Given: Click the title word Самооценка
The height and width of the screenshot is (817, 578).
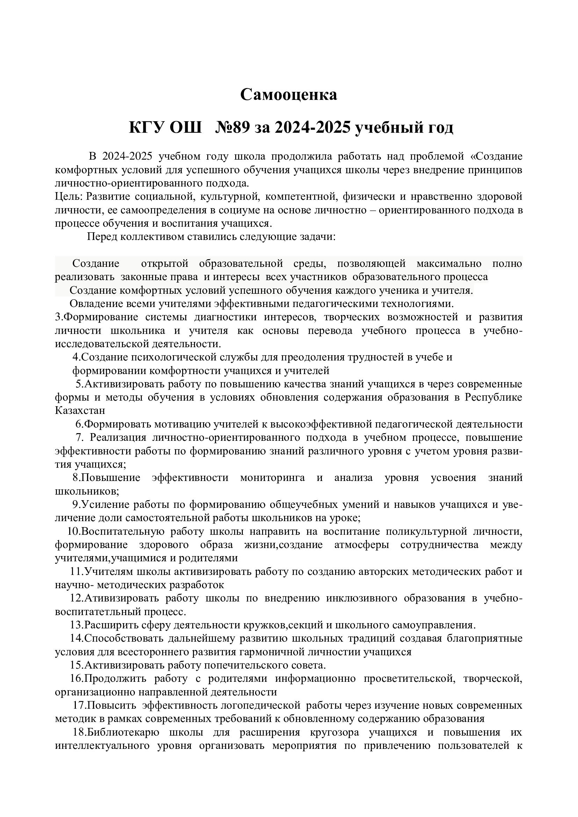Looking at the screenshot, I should pos(288,95).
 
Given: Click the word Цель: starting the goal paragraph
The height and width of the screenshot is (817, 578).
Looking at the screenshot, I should pos(69,196).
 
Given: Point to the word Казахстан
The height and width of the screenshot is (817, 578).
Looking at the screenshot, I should pos(80,410).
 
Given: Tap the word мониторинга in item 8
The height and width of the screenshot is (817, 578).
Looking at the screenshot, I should pos(272,477).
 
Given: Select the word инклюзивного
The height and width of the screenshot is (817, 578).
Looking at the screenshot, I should pos(361,598).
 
